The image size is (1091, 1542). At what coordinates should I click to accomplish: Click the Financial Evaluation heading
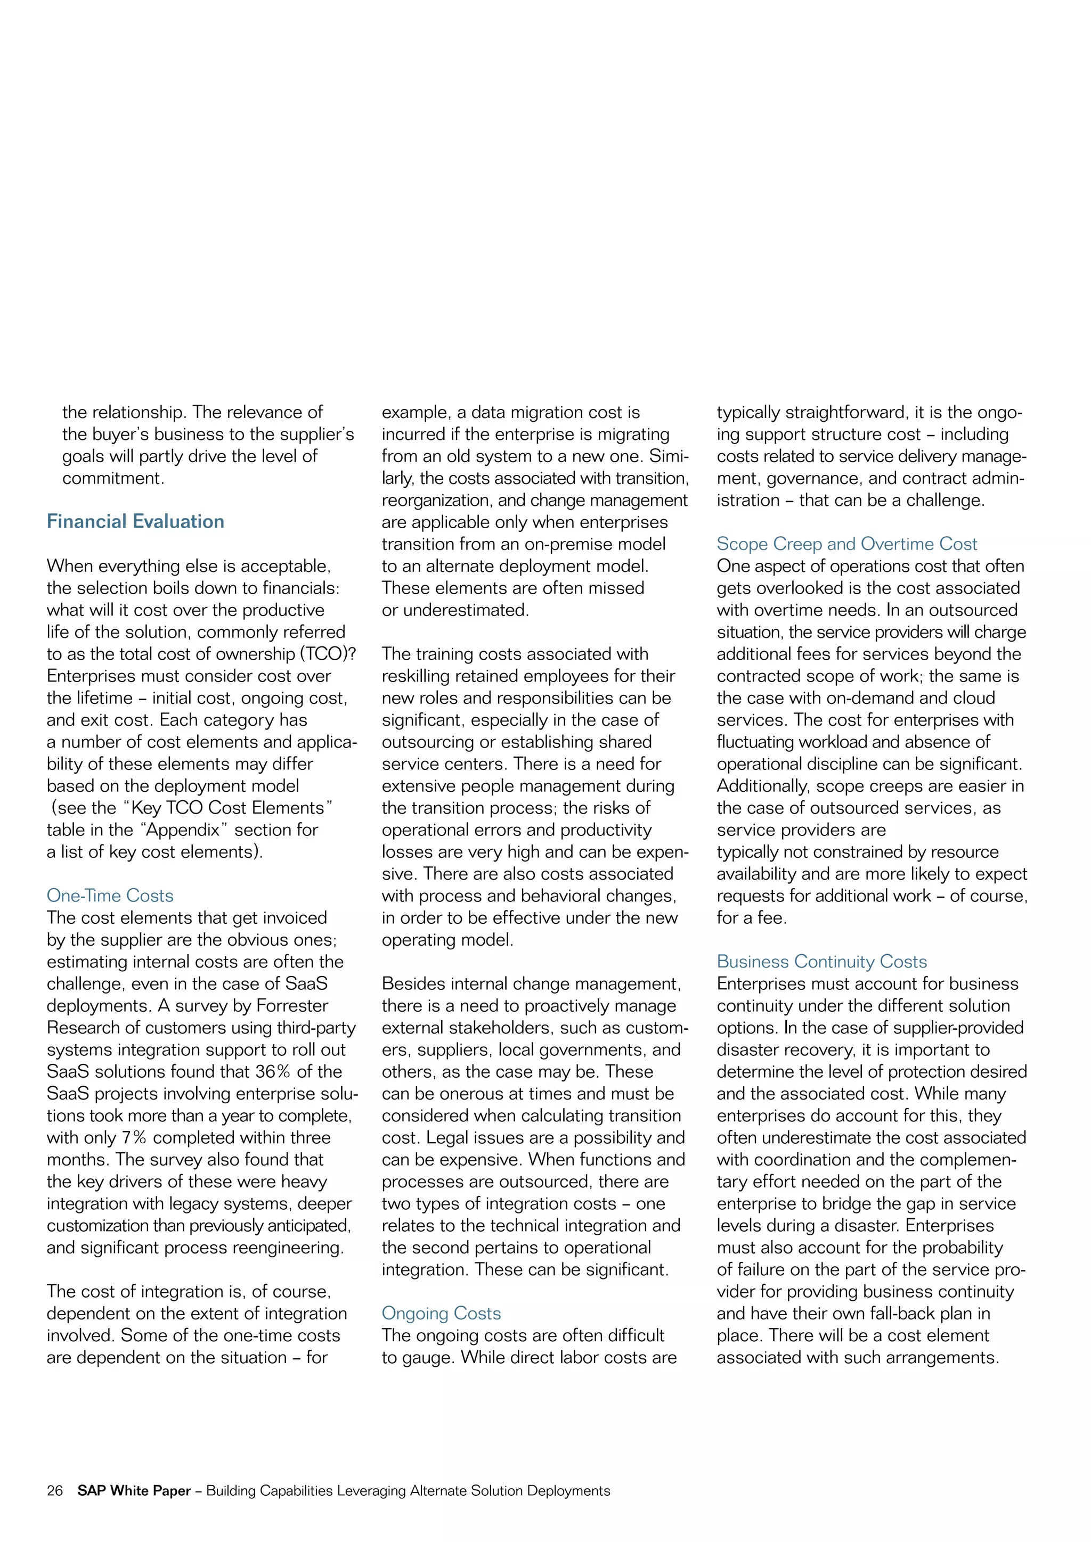tap(135, 521)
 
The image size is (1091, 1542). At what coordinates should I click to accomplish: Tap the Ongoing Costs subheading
tap(442, 1313)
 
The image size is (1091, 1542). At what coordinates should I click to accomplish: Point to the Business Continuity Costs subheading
tap(821, 961)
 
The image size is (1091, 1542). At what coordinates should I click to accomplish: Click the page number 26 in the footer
tap(54, 1490)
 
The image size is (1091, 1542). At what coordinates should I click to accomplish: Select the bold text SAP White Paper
tap(134, 1490)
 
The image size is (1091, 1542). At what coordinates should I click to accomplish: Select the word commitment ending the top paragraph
tap(113, 478)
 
